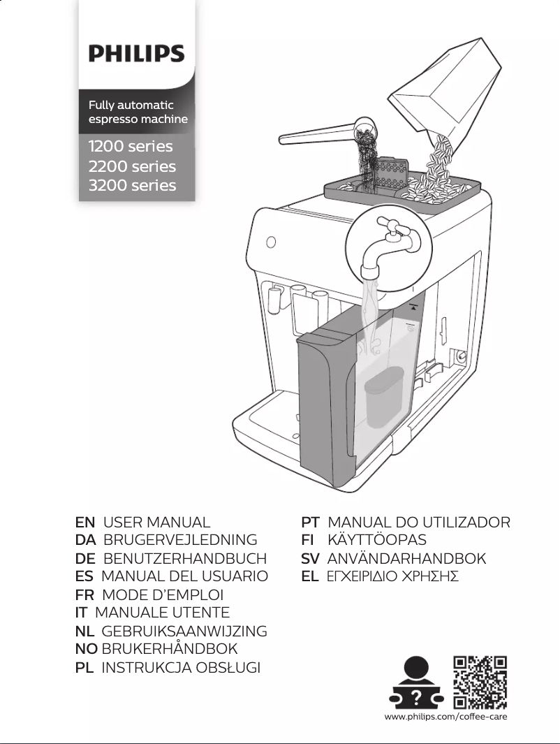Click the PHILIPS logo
136,54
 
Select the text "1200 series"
131,147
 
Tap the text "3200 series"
132,185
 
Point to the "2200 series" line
132,166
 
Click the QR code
480,682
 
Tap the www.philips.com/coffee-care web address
445,717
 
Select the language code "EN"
85,523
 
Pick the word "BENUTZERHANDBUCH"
185,559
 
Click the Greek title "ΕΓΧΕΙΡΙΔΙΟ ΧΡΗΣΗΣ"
392,577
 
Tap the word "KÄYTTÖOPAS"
377,540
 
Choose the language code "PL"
84,668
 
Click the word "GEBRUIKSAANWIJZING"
184,632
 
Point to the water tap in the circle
388,247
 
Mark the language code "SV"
311,559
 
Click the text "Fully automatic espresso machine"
138,112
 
